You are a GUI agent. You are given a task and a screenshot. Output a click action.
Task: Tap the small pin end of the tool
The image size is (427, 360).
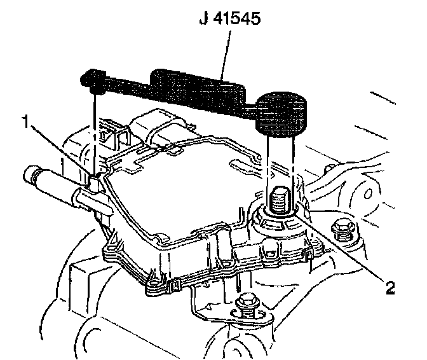pos(93,80)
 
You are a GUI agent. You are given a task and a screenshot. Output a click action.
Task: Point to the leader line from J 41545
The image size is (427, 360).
pos(224,54)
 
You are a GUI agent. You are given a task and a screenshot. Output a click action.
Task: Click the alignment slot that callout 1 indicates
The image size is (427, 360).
pos(95,184)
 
